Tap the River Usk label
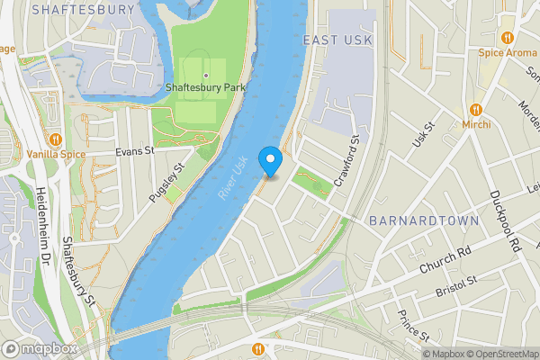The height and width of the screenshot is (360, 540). pyautogui.click(x=232, y=179)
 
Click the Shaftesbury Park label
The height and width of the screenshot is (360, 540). pyautogui.click(x=205, y=88)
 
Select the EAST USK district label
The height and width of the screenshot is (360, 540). pyautogui.click(x=337, y=40)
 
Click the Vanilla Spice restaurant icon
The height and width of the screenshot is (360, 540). pyautogui.click(x=56, y=139)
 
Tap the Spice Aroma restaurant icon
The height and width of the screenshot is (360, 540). pyautogui.click(x=508, y=38)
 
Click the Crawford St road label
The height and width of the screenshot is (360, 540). pyautogui.click(x=346, y=160)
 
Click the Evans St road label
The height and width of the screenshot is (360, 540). pyautogui.click(x=135, y=152)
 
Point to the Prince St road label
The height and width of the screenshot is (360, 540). pyautogui.click(x=412, y=326)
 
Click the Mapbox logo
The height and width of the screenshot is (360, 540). pyautogui.click(x=40, y=348)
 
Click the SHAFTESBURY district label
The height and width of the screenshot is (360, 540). pyautogui.click(x=82, y=9)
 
